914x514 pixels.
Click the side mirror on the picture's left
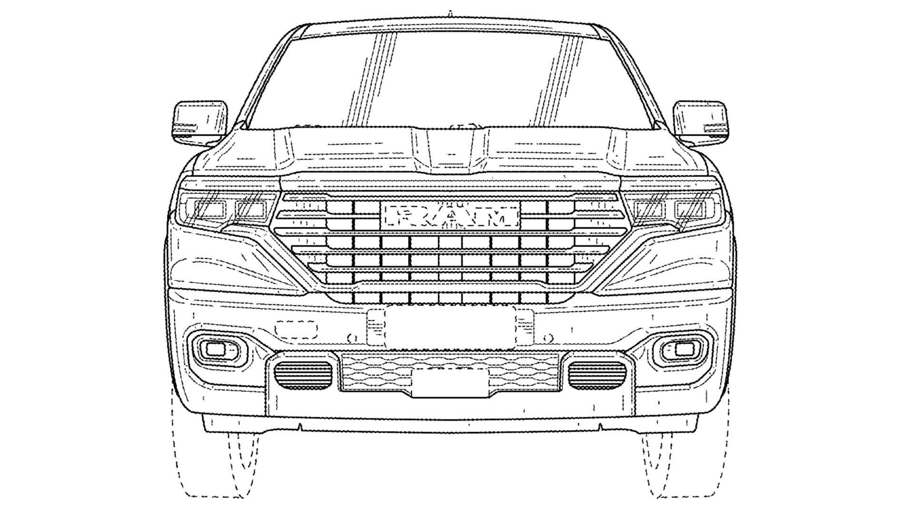199,123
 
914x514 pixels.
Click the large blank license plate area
450,327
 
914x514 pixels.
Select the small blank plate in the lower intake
450,383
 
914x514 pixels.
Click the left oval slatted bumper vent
303,373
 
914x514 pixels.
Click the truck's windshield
450,81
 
